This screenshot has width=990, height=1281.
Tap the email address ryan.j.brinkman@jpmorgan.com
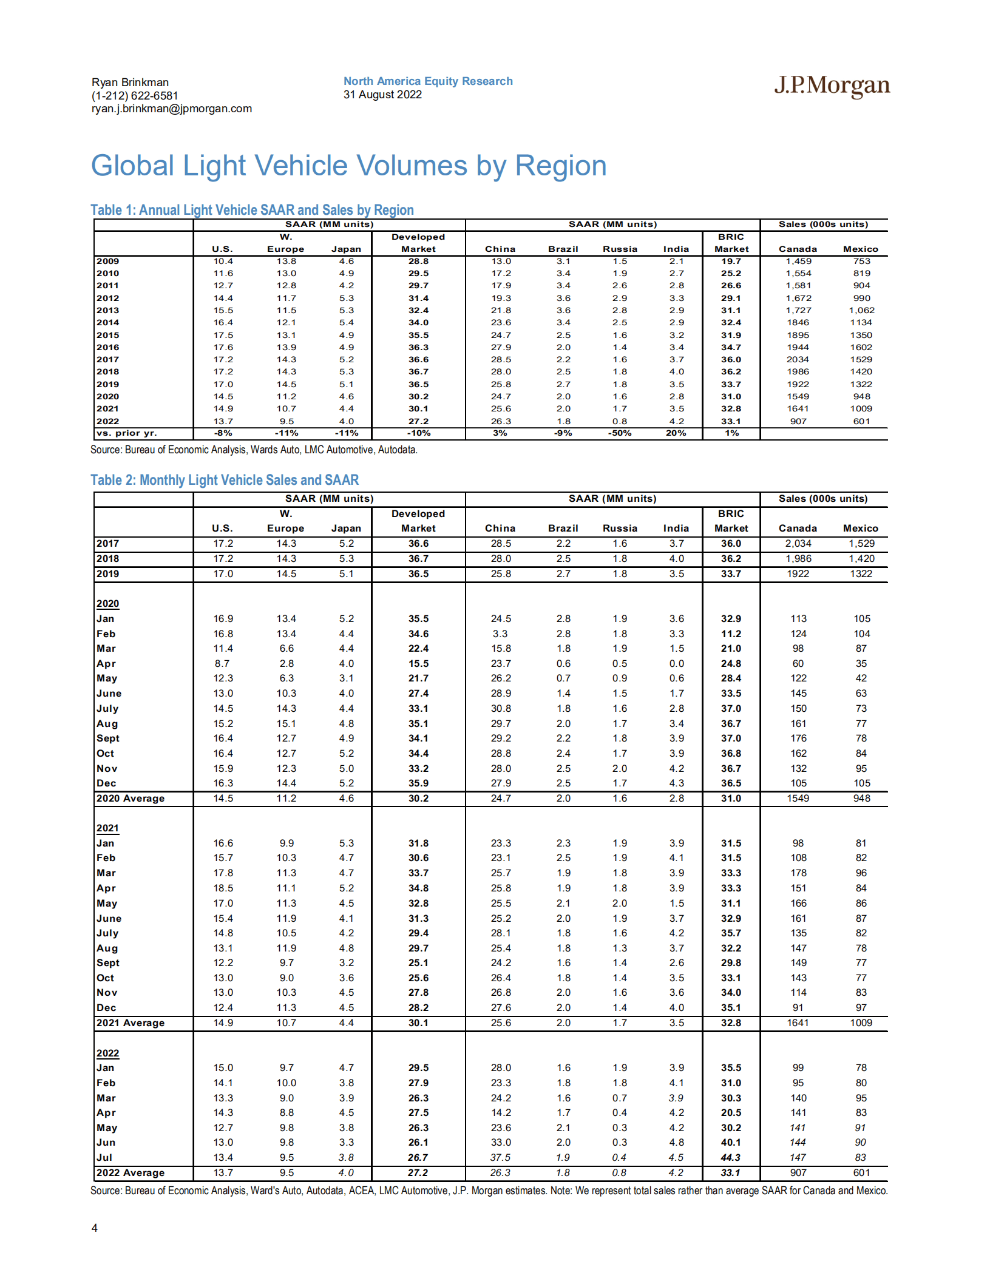pos(172,109)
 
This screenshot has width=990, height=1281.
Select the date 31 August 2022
pos(382,95)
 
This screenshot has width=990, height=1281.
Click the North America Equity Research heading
pos(428,81)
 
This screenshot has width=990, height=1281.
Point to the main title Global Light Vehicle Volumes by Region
pos(348,166)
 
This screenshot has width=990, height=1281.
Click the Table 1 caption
pos(252,210)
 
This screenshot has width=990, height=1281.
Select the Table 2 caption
pos(225,480)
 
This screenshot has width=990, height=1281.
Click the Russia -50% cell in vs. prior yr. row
pos(620,433)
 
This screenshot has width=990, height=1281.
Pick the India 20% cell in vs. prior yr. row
pos(676,433)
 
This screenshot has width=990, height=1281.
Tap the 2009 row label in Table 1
pos(108,262)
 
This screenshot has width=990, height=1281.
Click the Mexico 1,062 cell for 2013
pos(861,311)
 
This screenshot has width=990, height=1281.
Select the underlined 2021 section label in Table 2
pos(108,828)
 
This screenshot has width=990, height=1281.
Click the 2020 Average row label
pos(131,799)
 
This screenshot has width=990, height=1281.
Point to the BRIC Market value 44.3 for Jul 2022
pos(731,1158)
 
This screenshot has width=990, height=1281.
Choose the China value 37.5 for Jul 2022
pos(501,1158)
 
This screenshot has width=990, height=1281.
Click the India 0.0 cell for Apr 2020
pos(677,664)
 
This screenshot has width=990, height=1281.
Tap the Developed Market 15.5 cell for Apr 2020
pos(418,664)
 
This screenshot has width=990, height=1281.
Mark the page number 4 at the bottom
pos(95,1228)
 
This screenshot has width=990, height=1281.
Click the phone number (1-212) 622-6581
pos(135,96)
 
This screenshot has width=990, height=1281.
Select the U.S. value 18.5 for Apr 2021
pos(223,888)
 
